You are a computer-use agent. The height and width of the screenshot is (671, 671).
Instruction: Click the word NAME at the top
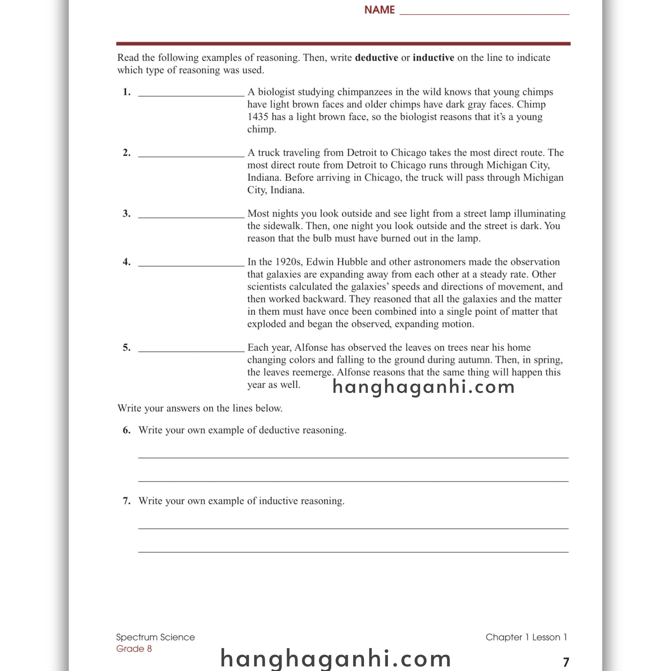pos(379,10)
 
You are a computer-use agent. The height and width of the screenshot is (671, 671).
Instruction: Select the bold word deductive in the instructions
pos(376,58)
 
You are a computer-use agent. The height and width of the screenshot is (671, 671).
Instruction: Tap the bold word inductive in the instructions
pos(433,58)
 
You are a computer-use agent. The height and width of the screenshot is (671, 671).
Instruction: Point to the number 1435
pos(258,117)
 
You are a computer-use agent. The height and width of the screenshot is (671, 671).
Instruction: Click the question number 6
pos(126,430)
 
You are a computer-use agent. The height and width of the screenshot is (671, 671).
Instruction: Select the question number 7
pos(126,501)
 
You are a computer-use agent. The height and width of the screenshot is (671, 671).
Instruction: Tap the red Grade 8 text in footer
pos(134,648)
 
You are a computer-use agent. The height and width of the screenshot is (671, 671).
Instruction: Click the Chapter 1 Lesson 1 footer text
pos(526,637)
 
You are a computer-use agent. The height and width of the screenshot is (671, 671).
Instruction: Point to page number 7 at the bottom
pos(566,661)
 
